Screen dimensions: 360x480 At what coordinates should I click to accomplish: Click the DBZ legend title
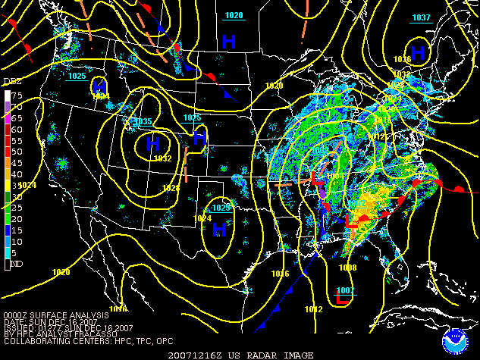11,80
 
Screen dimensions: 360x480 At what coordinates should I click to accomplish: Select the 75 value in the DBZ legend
16,95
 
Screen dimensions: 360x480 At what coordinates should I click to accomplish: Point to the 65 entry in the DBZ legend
16,118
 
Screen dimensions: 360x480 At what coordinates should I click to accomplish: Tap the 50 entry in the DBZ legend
16,152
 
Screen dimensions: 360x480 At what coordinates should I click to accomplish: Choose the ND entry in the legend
15,265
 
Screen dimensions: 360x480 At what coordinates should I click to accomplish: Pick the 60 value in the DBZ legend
16,129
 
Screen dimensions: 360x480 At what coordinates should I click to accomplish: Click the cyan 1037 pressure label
422,17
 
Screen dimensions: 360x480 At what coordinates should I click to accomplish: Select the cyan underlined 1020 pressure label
234,15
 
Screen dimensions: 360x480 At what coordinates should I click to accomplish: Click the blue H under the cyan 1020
228,39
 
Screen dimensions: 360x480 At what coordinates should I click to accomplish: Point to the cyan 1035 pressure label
143,121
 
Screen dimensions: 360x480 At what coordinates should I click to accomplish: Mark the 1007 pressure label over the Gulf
345,290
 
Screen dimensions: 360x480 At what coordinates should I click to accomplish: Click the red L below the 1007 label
342,301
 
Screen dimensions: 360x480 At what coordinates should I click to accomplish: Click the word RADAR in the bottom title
266,355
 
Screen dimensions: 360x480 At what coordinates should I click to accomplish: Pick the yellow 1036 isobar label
402,59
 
